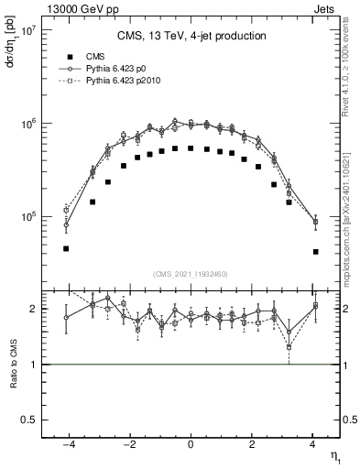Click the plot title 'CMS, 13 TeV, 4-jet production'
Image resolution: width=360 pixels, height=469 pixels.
pyautogui.click(x=191, y=36)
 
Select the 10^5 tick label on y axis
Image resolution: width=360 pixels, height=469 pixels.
pyautogui.click(x=26, y=217)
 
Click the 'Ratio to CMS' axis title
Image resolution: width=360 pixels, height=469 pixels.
pyautogui.click(x=12, y=366)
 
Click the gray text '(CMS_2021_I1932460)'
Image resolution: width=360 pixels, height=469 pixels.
pyautogui.click(x=191, y=274)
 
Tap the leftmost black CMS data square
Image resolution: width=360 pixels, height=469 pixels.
pyautogui.click(x=66, y=248)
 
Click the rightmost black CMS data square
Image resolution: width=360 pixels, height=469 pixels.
pyautogui.click(x=315, y=251)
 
